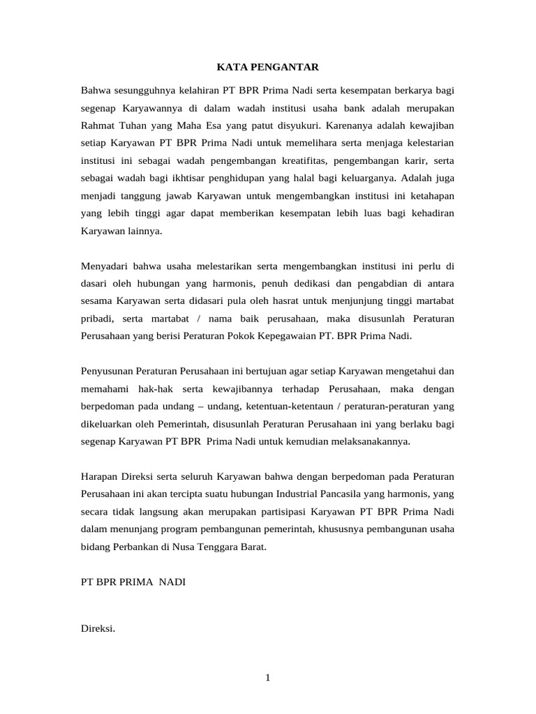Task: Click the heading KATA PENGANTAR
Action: [267, 67]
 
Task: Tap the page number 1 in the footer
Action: [267, 677]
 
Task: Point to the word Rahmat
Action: [100, 127]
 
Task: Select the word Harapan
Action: [102, 477]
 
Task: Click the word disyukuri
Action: [291, 127]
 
